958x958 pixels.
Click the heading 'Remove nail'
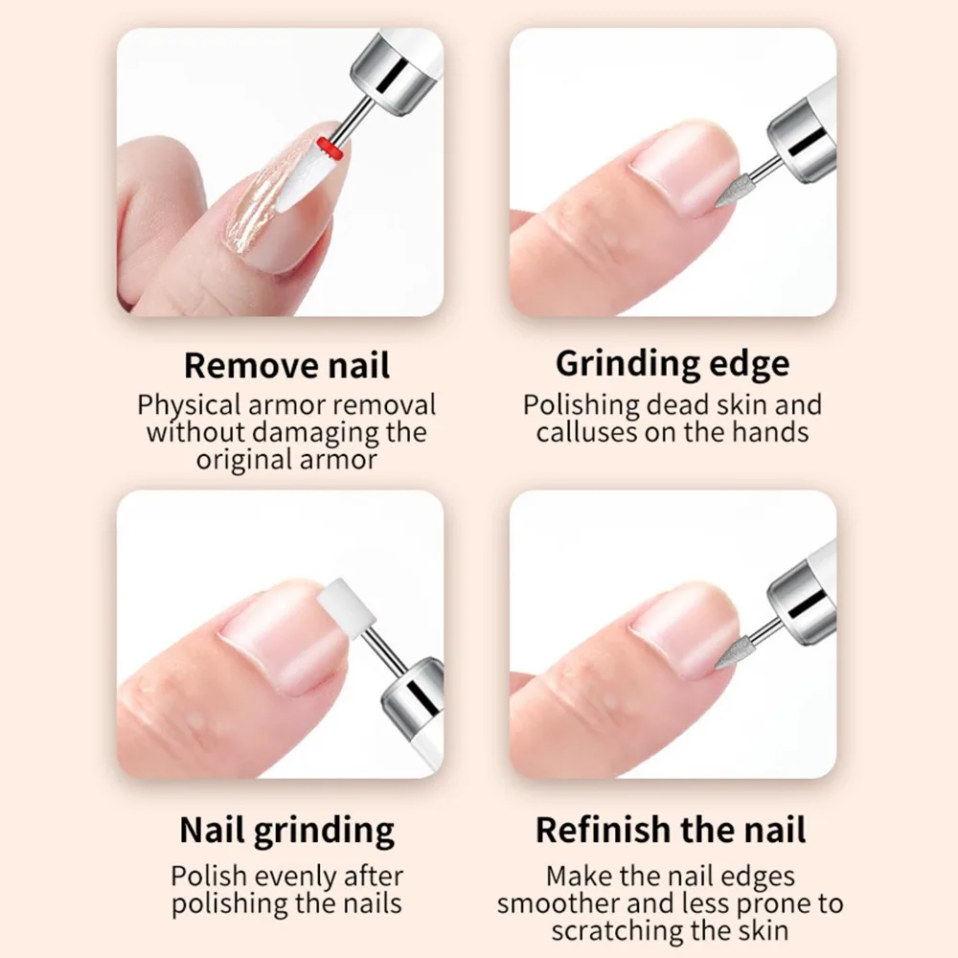[286, 365]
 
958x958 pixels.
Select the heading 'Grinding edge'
[673, 364]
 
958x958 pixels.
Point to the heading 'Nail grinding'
[286, 830]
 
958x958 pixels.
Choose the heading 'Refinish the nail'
[671, 830]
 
